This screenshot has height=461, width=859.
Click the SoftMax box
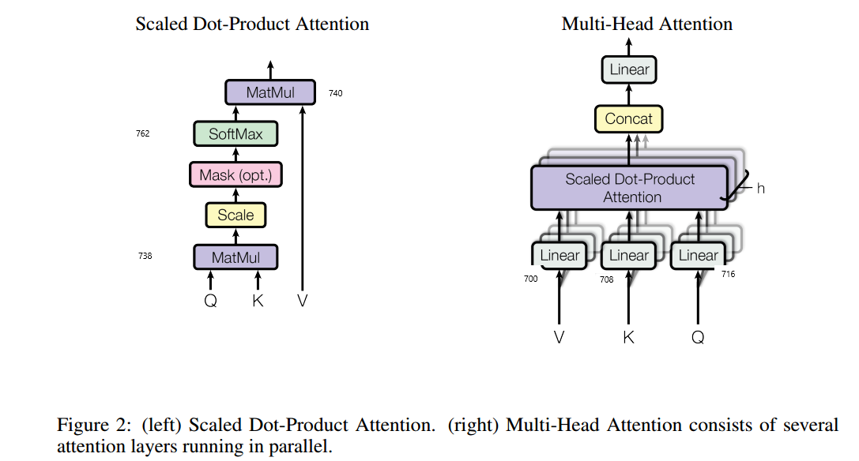235,134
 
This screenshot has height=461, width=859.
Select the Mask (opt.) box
235,174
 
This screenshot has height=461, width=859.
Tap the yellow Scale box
235,215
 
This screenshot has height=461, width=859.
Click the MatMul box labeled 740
270,92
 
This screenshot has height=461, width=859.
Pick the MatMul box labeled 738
235,257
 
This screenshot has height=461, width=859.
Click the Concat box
629,119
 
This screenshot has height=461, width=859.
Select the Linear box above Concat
629,69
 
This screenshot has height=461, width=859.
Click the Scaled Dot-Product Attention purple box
629,188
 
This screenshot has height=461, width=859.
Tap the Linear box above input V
559,255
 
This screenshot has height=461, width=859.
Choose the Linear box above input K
629,255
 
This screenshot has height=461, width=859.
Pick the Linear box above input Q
699,255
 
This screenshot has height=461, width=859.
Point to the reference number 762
143,134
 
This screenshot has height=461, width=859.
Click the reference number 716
728,275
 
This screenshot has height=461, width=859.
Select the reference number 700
530,279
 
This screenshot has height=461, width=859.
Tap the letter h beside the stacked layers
760,189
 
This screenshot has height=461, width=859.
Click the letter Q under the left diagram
210,301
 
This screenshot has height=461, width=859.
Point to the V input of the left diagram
303,301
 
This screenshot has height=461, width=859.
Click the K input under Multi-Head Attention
629,338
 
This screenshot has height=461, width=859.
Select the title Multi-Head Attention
646,24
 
